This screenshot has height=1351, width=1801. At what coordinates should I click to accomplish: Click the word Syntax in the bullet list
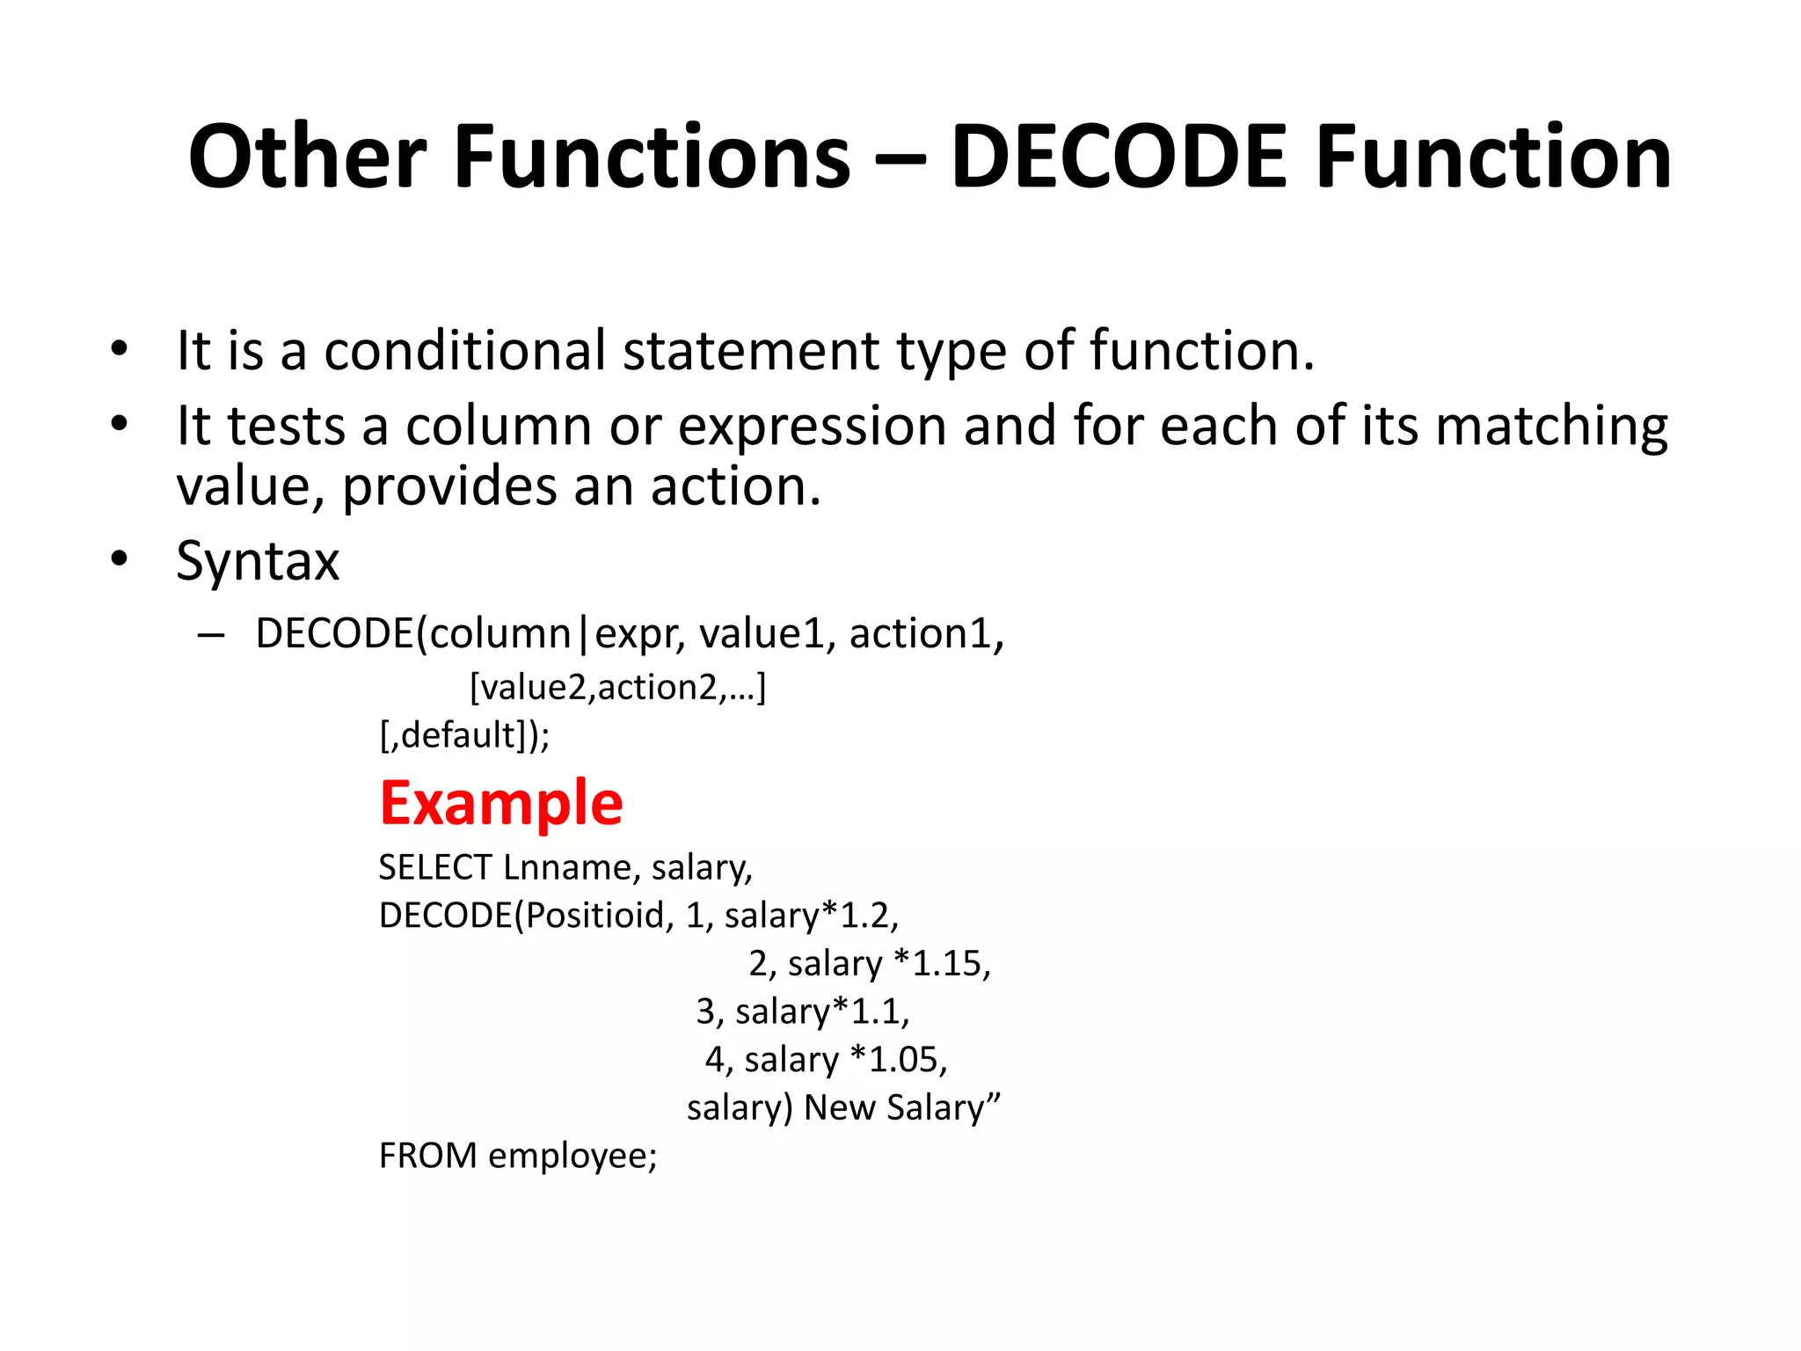click(x=258, y=560)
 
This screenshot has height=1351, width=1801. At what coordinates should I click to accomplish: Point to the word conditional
click(x=465, y=350)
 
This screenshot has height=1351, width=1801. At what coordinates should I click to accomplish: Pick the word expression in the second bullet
click(x=812, y=427)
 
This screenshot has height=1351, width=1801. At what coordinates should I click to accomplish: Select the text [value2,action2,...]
click(x=618, y=687)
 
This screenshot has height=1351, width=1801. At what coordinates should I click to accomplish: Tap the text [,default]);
click(x=465, y=734)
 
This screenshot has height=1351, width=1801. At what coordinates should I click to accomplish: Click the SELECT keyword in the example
click(x=435, y=868)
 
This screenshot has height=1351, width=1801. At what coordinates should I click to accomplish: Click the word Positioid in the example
click(x=595, y=916)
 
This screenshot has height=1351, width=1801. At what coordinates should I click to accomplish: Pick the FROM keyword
click(x=428, y=1156)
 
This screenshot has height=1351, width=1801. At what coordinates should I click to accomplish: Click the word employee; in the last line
click(x=573, y=1156)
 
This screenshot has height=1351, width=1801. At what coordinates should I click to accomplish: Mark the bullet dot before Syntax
click(x=120, y=559)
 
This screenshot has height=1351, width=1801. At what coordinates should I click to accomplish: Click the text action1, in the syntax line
click(x=926, y=634)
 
